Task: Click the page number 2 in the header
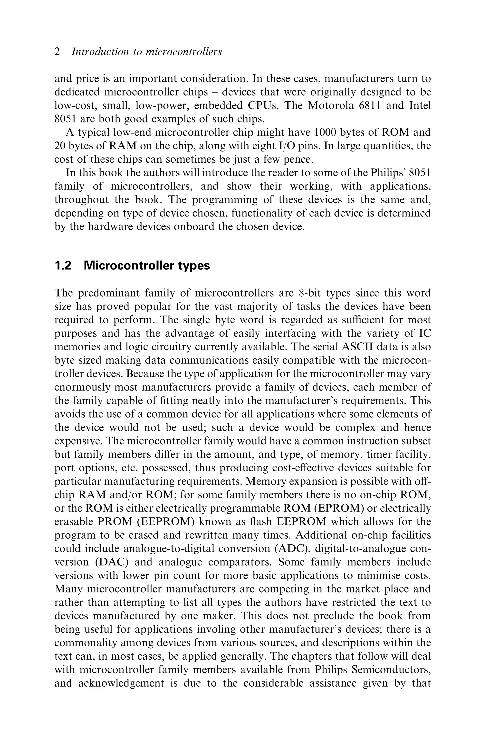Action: pos(57,52)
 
